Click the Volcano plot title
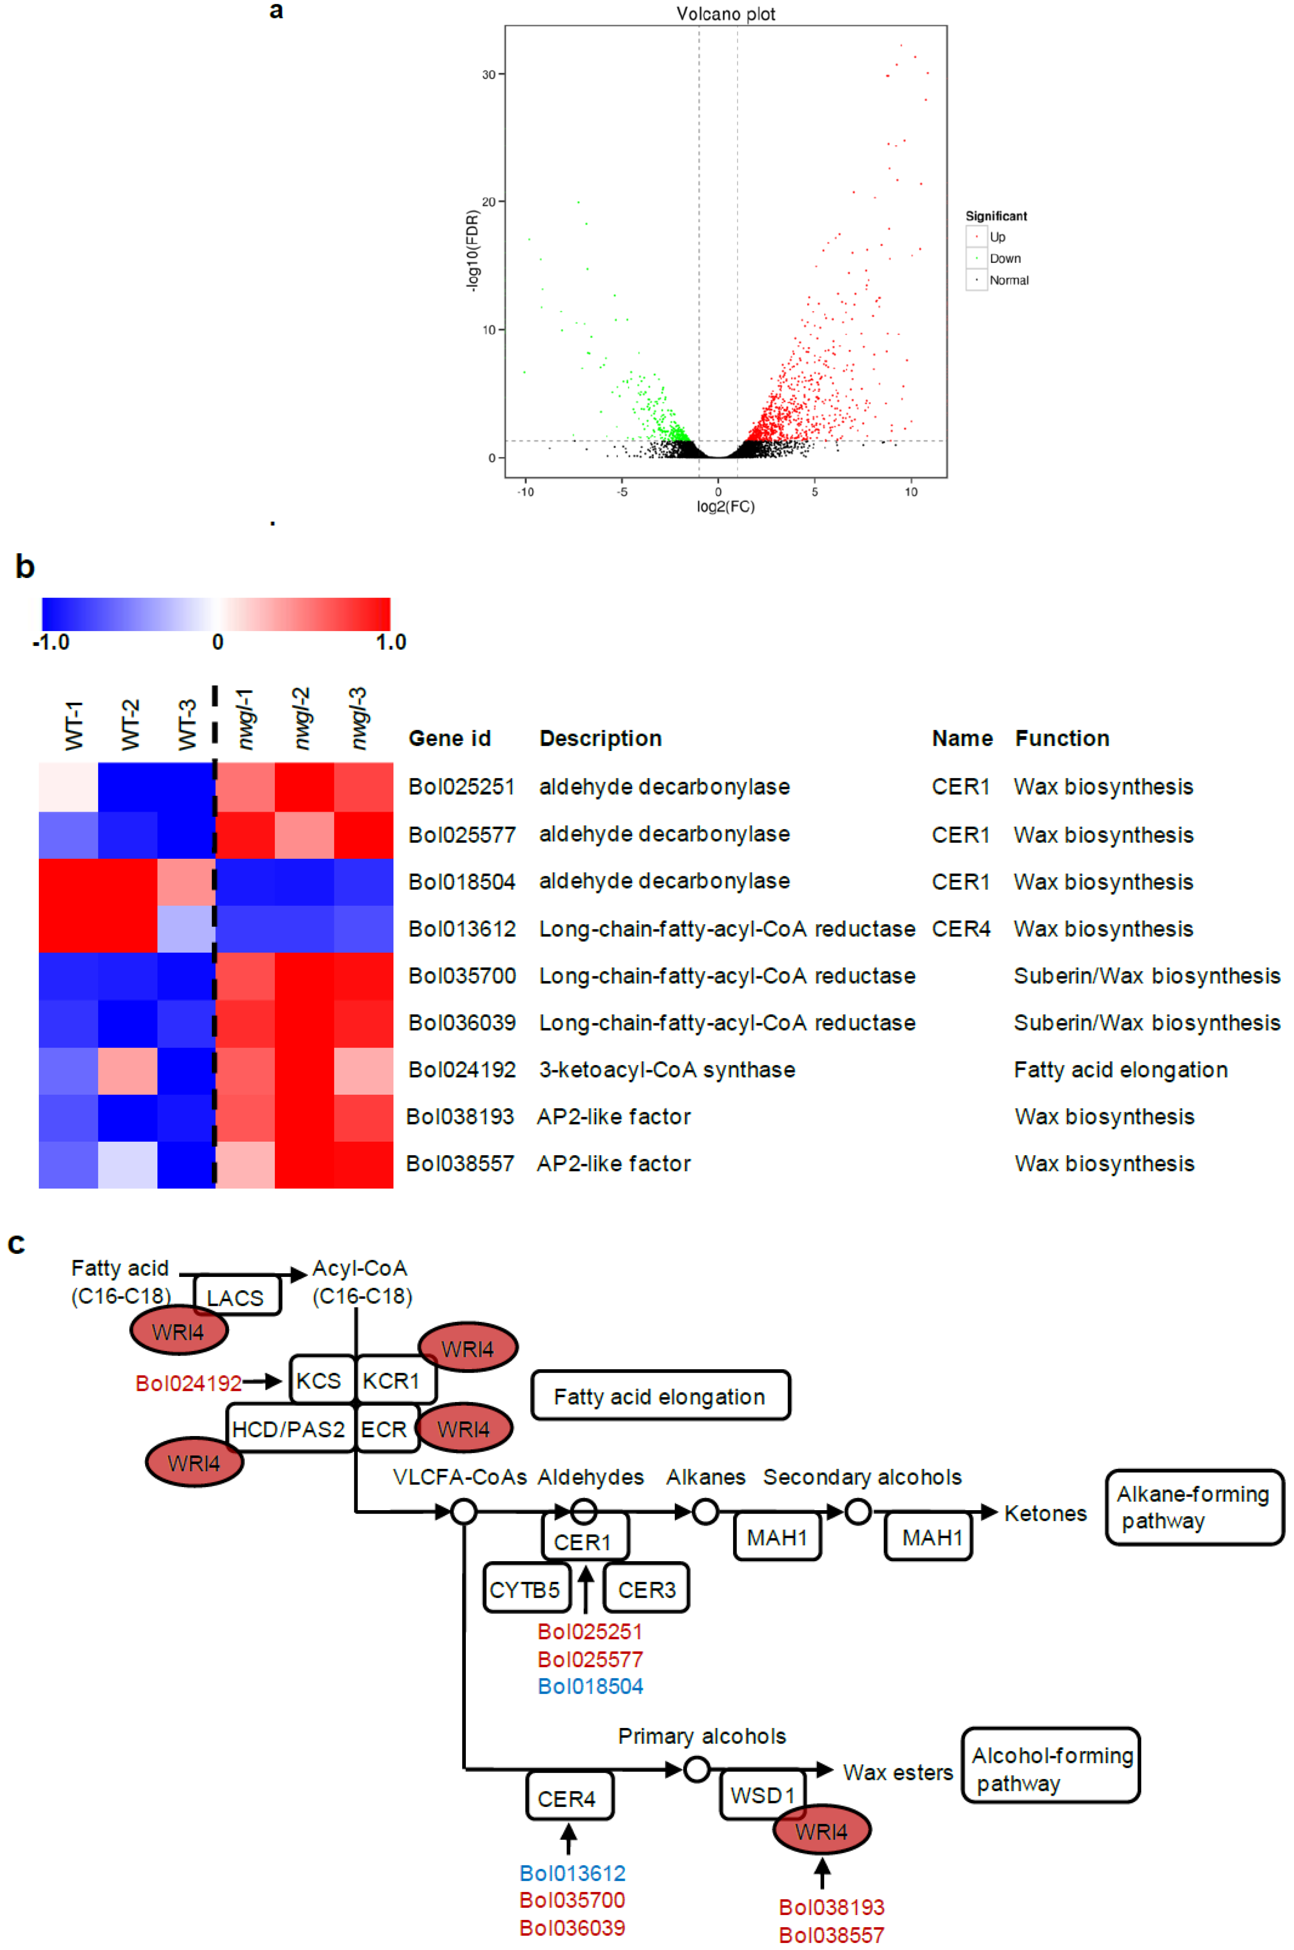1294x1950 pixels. click(x=725, y=14)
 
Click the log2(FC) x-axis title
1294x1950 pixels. click(x=725, y=507)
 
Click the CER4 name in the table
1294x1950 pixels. click(x=961, y=929)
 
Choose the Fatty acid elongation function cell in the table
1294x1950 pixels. click(x=1120, y=1070)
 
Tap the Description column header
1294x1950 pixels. click(x=600, y=738)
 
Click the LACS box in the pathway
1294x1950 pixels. click(x=236, y=1298)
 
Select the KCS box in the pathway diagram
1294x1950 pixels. click(x=319, y=1381)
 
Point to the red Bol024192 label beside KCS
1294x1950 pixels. click(x=188, y=1383)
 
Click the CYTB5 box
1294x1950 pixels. click(x=525, y=1590)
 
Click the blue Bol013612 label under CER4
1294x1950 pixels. click(x=572, y=1873)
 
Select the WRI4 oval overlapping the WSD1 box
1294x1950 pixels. click(x=821, y=1831)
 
